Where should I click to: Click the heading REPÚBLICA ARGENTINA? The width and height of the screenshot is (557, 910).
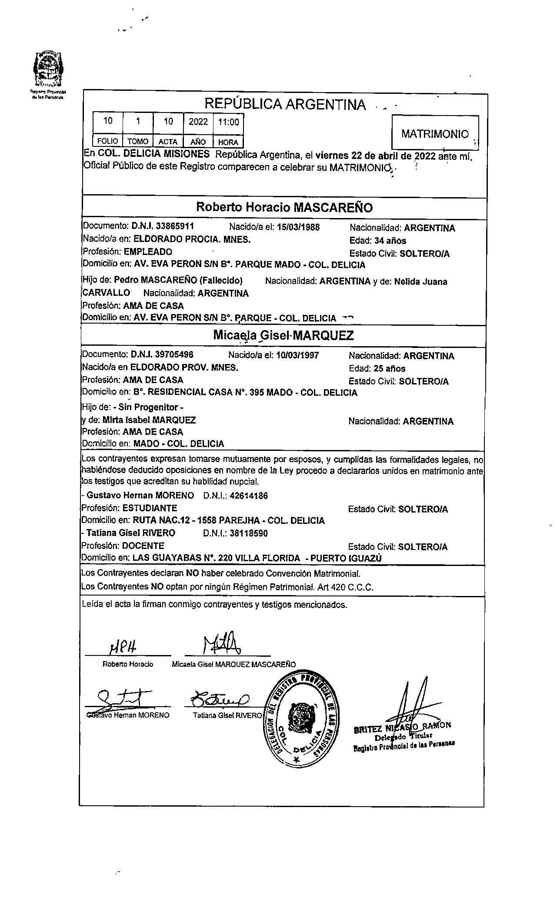(x=285, y=104)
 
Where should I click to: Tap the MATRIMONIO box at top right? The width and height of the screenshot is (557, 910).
(x=435, y=134)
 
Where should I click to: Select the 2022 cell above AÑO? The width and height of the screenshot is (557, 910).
(x=198, y=122)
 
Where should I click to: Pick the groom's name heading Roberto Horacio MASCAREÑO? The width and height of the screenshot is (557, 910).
(x=284, y=207)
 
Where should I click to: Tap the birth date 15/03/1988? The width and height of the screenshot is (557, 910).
(x=298, y=227)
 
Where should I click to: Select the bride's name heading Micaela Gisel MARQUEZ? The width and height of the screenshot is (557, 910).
(x=284, y=335)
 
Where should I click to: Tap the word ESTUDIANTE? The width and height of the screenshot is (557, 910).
(x=150, y=508)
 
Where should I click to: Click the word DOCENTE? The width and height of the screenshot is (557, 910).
(x=143, y=546)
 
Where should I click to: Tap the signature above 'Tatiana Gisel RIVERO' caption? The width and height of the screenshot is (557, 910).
(x=220, y=699)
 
